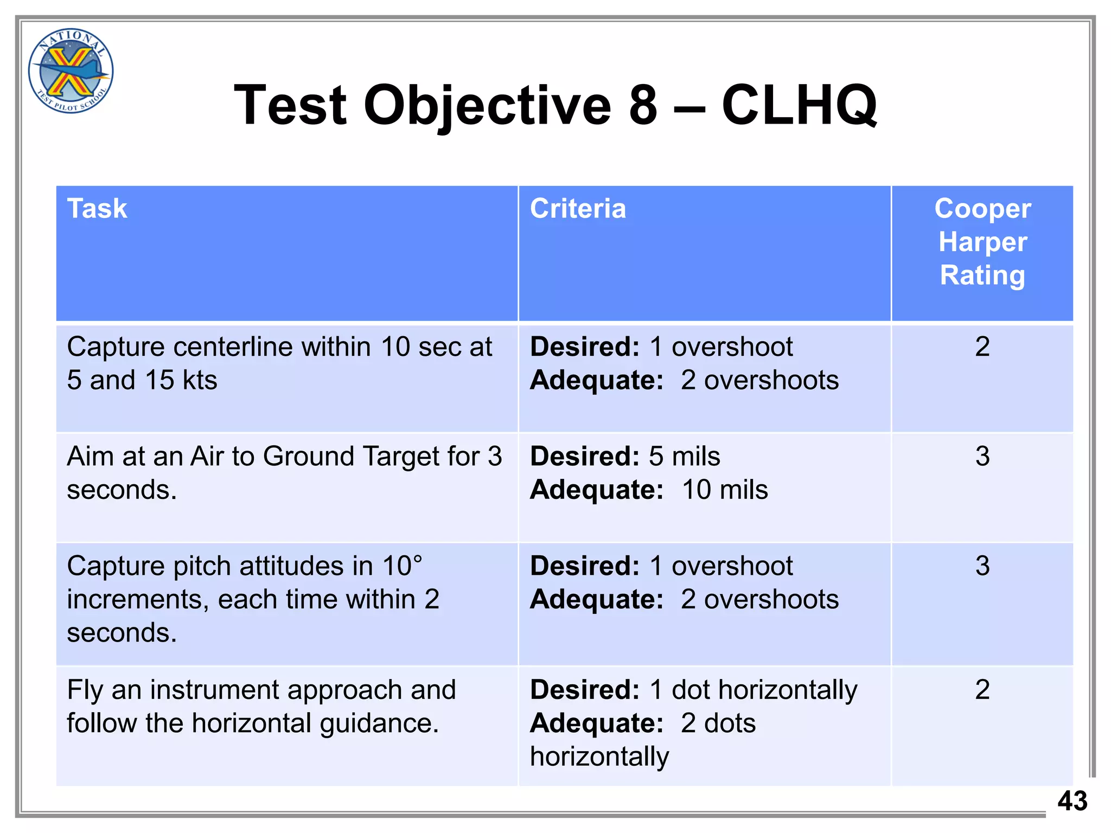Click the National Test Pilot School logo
pyautogui.click(x=71, y=71)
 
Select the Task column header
pyautogui.click(x=97, y=209)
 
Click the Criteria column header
pyautogui.click(x=578, y=209)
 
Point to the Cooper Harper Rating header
pyautogui.click(x=982, y=242)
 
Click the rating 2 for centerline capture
pyautogui.click(x=982, y=347)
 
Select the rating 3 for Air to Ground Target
pyautogui.click(x=982, y=456)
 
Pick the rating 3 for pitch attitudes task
pyautogui.click(x=982, y=566)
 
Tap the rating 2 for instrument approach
pyautogui.click(x=982, y=690)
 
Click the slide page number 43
pyautogui.click(x=1072, y=801)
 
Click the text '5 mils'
pyautogui.click(x=685, y=456)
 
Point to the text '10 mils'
pyautogui.click(x=725, y=490)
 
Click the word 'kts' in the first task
pyautogui.click(x=200, y=380)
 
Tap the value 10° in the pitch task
pyautogui.click(x=402, y=566)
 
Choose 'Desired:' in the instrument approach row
pyautogui.click(x=585, y=690)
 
